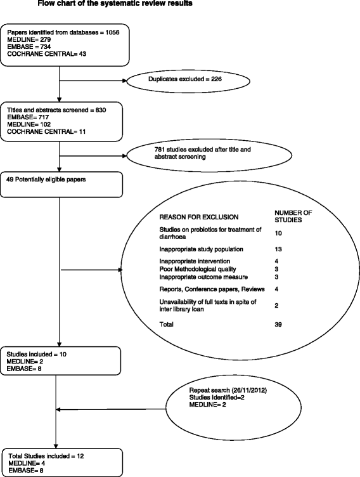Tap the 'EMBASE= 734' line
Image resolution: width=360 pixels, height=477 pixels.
(29, 47)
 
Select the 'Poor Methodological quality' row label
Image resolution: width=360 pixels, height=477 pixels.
(190, 270)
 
